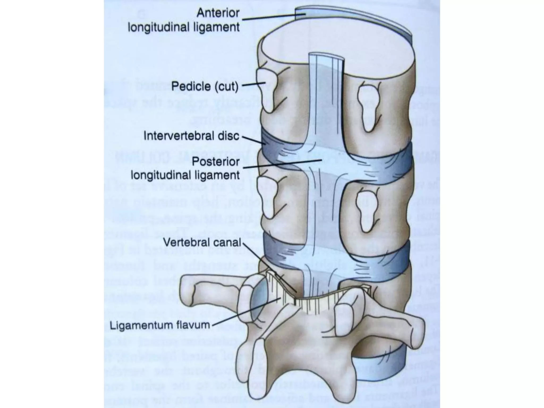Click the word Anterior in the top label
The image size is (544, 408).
coord(218,13)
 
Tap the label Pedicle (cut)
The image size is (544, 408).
coord(205,86)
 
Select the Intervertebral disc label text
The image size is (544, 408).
coord(191,136)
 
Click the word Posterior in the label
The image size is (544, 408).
coord(216,161)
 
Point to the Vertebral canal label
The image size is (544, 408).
coord(202,242)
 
